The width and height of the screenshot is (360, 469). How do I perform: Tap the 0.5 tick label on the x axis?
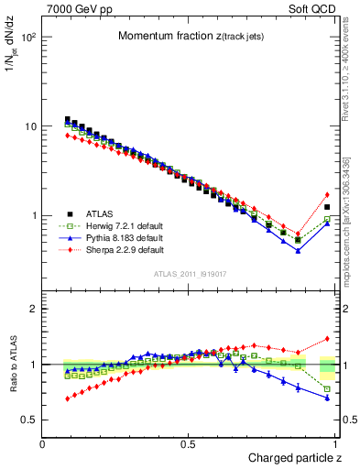pyautogui.click(x=188, y=444)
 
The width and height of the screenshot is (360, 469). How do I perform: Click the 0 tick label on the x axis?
pyautogui.click(x=43, y=444)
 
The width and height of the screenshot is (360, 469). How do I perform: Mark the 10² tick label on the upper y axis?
pyautogui.click(x=30, y=38)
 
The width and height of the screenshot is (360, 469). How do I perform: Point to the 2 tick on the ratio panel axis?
pyautogui.click(x=33, y=309)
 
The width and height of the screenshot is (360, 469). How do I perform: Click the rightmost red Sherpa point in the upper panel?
pyautogui.click(x=327, y=194)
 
